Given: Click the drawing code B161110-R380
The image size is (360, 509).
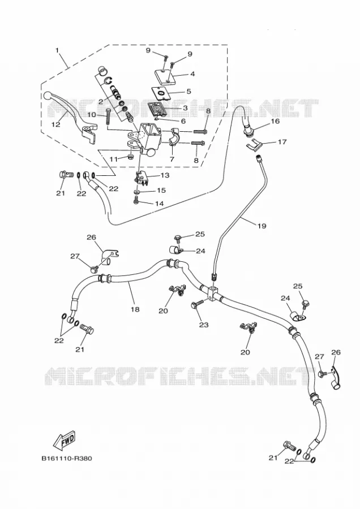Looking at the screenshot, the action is [67, 458].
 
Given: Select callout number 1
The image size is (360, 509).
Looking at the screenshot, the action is [57, 50].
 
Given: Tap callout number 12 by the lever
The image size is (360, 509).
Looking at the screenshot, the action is [56, 124].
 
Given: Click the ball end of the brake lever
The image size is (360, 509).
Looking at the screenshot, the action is [48, 96].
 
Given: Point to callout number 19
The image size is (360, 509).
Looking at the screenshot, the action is [262, 226].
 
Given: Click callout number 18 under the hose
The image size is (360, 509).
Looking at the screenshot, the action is [135, 309].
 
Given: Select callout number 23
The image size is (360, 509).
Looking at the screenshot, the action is [204, 325].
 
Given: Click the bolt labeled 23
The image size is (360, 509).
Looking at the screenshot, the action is [198, 304].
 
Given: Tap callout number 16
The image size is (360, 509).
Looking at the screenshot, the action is [275, 121].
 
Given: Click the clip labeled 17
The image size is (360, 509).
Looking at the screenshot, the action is [254, 145].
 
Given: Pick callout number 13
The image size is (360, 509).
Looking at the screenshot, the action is [165, 175].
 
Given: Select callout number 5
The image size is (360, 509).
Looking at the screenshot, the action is [188, 92].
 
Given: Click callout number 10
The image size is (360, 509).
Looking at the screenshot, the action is [92, 115].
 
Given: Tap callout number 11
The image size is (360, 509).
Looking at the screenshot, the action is [113, 159].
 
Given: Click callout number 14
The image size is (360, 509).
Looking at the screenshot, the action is [159, 204].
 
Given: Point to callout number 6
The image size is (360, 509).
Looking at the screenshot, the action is [183, 121].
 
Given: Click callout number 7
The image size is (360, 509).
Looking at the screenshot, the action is [172, 159].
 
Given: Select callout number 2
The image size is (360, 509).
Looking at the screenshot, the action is [101, 102].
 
